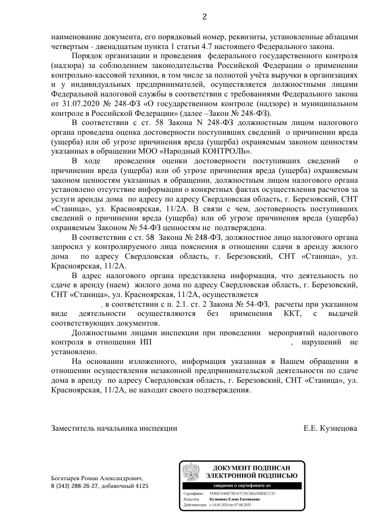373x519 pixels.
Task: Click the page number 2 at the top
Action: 204,17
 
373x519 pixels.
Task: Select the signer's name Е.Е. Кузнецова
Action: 330,428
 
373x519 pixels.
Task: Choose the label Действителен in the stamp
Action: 194,504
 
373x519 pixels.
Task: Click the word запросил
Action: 65,246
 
